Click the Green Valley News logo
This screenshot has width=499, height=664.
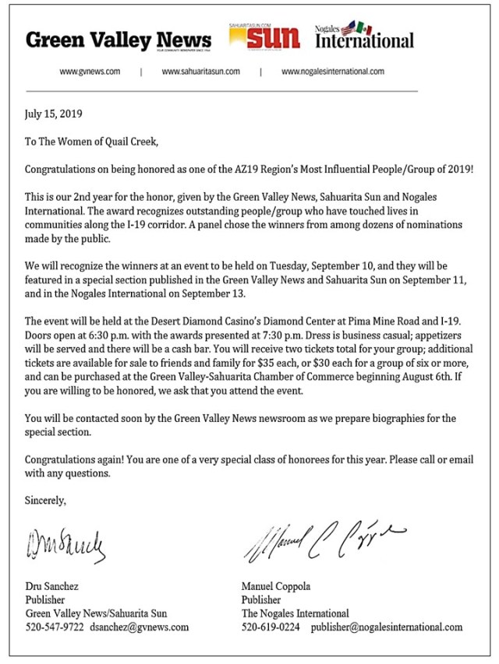[x=118, y=40]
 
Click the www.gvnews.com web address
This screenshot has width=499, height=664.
[x=90, y=72]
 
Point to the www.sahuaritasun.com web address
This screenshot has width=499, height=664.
[x=200, y=72]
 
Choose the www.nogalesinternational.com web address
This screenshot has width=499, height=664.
[x=332, y=72]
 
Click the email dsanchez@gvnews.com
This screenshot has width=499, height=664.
[x=139, y=627]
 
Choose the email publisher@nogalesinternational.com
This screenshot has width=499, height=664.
[x=386, y=627]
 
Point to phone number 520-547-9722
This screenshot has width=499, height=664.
[x=54, y=627]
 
